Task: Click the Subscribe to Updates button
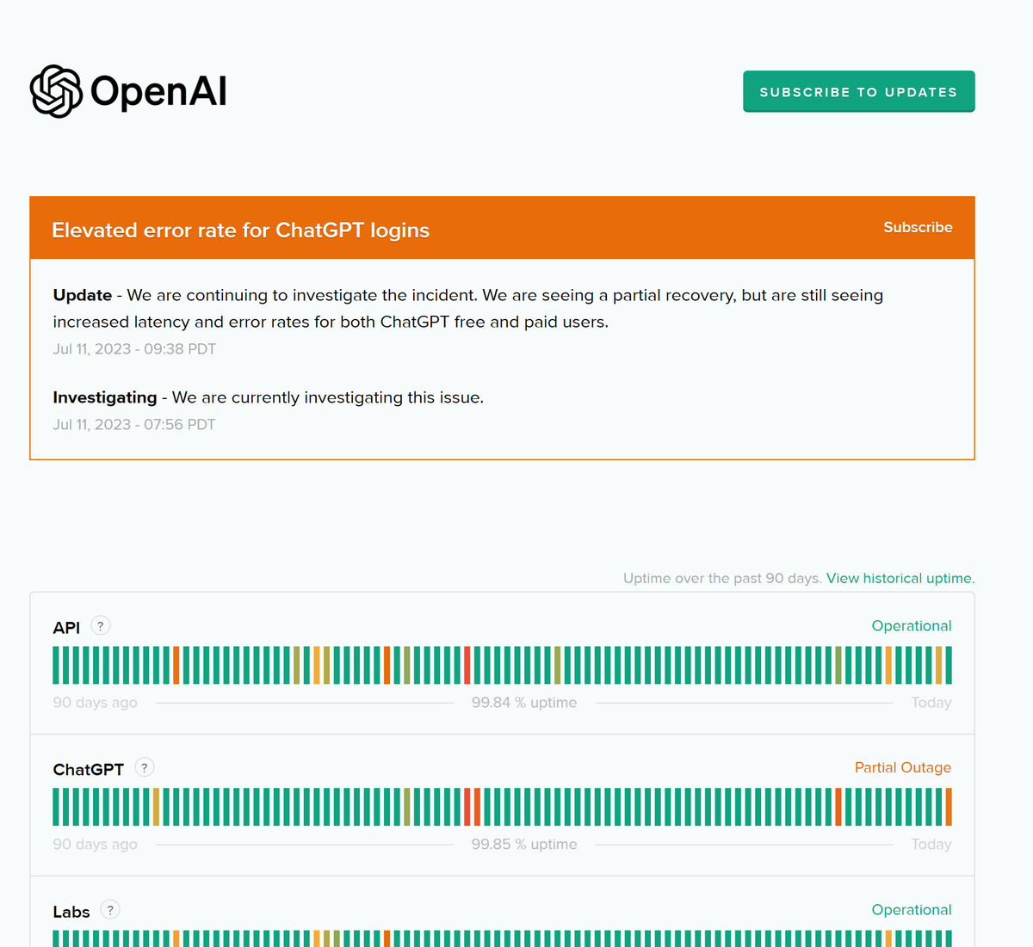[x=858, y=92]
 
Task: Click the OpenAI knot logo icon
[x=56, y=91]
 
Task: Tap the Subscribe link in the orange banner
[x=918, y=227]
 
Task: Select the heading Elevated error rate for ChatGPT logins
[x=240, y=230]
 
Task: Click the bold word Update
[x=83, y=295]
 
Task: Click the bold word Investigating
[x=104, y=397]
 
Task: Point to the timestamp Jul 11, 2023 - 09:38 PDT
[x=134, y=349]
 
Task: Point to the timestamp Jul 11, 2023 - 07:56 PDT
[x=134, y=425]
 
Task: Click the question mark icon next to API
[x=101, y=626]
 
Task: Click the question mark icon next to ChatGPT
[x=144, y=768]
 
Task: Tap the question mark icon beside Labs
[x=109, y=909]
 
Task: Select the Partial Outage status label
[x=903, y=767]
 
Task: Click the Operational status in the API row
[x=912, y=626]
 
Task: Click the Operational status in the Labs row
[x=912, y=910]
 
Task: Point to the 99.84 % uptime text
[x=524, y=703]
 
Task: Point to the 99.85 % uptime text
[x=524, y=844]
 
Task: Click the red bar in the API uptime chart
[x=467, y=665]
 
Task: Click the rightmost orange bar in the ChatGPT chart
[x=949, y=807]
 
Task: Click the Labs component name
[x=71, y=912]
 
